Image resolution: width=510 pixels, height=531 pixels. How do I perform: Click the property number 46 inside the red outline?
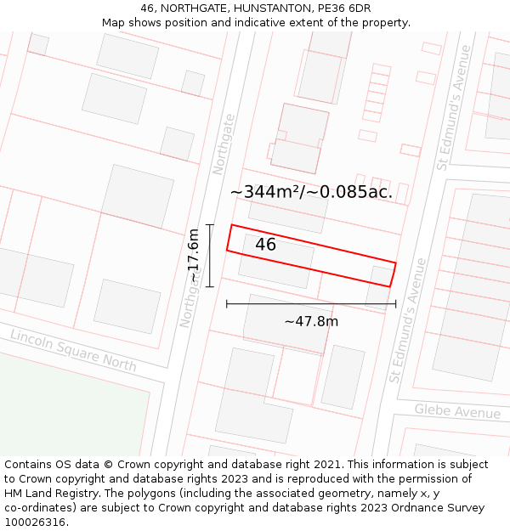click(x=265, y=245)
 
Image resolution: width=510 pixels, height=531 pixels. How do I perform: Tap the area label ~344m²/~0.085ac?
click(x=311, y=192)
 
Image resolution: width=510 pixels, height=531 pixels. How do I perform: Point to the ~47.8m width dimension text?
click(x=311, y=321)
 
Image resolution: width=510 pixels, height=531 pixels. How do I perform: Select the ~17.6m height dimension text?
click(x=194, y=256)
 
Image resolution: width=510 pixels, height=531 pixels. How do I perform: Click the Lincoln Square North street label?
click(x=73, y=350)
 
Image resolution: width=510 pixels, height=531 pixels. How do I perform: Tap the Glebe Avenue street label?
click(x=457, y=412)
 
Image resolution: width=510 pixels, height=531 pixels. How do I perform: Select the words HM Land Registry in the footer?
click(x=51, y=494)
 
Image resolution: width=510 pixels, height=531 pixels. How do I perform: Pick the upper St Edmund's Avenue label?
click(x=453, y=108)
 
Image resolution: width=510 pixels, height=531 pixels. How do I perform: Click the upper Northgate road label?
click(x=223, y=144)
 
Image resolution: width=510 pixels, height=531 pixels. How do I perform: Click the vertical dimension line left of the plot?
click(x=209, y=255)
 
